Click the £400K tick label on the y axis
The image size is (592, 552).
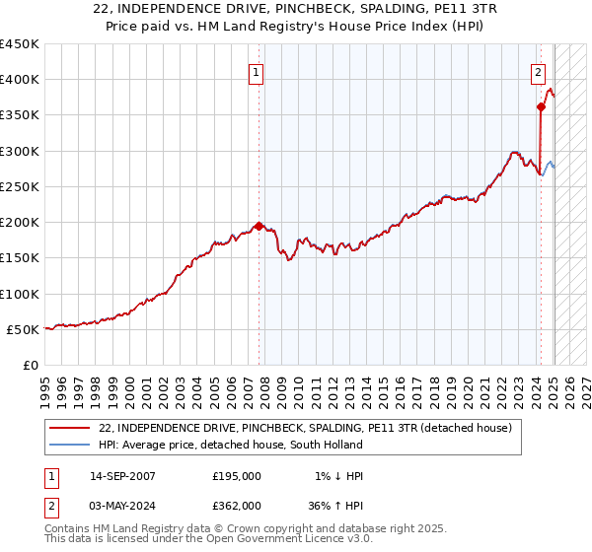[20, 80]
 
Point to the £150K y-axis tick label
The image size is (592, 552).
[20, 258]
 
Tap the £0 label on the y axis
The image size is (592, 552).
[30, 365]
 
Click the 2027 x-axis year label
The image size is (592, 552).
[587, 389]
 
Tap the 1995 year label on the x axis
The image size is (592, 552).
[44, 389]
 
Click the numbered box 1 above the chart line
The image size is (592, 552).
[256, 72]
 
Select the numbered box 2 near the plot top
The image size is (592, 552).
[538, 72]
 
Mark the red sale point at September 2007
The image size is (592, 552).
[259, 226]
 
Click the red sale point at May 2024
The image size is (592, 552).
[542, 106]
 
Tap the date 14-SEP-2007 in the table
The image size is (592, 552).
[122, 476]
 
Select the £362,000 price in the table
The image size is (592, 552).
[237, 505]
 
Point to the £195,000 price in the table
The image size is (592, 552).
[237, 476]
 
